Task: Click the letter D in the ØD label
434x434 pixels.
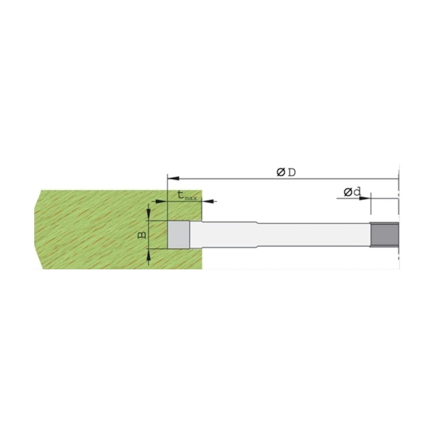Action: point(292,173)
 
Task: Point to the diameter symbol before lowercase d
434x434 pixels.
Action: point(348,193)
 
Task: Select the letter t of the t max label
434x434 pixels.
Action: point(181,195)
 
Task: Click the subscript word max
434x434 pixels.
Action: point(191,199)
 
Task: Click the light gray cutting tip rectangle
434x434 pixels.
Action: point(178,235)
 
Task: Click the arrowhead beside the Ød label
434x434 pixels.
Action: point(365,198)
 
